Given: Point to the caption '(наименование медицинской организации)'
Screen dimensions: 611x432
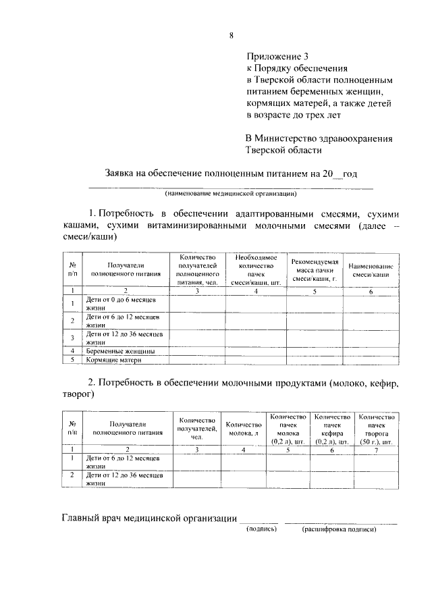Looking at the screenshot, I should [231, 193].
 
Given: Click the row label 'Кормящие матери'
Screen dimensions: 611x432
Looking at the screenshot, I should [114, 361].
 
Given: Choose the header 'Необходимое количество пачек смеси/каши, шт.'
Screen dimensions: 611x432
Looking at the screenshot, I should [256, 270].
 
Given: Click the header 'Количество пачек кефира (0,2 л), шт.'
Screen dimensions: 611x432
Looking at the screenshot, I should [331, 429].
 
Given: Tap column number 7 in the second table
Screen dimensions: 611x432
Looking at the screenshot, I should [376, 448].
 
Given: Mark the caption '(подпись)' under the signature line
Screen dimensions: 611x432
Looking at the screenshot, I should [260, 529].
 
